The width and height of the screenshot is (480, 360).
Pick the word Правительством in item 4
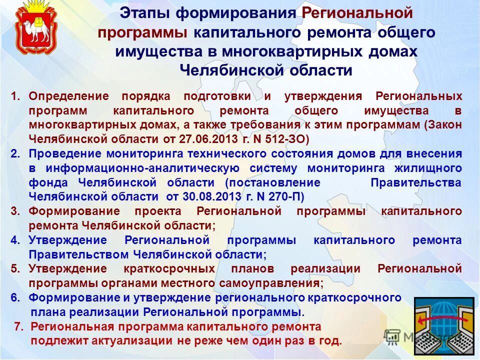pyautogui.click(x=78, y=254)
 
